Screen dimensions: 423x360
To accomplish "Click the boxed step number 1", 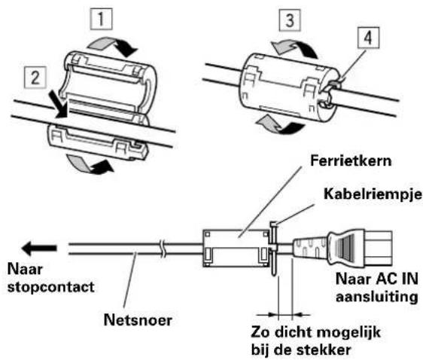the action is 101,19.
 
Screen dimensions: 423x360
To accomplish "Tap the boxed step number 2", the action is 35,78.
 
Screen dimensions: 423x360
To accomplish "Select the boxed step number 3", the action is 290,20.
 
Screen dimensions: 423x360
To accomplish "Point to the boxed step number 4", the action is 368,38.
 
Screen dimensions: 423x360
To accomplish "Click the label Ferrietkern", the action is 351,160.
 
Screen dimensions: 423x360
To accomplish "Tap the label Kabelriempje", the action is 373,194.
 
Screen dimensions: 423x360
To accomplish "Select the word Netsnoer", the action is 138,320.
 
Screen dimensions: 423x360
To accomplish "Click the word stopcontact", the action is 51,287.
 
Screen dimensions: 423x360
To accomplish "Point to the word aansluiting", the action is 377,297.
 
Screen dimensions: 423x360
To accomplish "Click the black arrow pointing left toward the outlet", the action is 39,249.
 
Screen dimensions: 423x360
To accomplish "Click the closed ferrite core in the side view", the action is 236,249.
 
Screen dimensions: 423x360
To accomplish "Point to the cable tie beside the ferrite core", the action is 273,248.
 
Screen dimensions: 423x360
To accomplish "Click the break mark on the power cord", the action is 163,249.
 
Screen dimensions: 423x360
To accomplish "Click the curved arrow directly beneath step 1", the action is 113,46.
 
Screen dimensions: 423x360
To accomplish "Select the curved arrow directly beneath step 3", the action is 294,49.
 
